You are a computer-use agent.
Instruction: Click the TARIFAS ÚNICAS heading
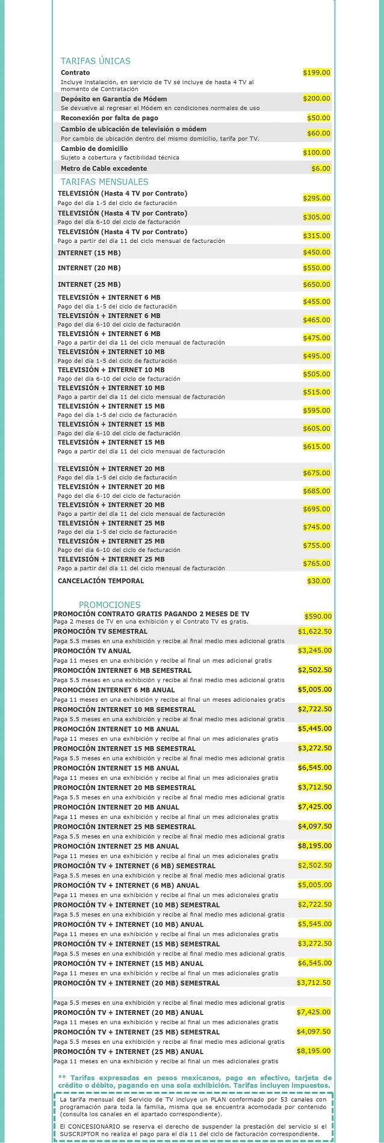(x=96, y=61)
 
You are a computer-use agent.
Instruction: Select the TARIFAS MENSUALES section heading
(x=104, y=182)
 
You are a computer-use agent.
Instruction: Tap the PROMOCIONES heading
(x=110, y=605)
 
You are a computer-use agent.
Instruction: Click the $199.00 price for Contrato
(x=317, y=73)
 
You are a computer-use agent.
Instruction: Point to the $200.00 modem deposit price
(x=317, y=98)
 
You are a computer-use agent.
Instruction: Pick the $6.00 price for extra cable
(x=321, y=168)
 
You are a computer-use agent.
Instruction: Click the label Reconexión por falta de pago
(x=109, y=118)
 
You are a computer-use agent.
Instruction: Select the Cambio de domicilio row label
(x=94, y=149)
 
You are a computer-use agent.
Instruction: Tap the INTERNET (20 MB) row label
(x=89, y=268)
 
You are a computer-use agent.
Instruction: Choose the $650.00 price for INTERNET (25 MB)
(x=317, y=284)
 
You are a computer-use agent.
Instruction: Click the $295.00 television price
(x=317, y=198)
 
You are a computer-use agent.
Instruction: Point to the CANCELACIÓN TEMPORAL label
(x=101, y=581)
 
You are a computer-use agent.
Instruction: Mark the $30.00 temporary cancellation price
(x=318, y=581)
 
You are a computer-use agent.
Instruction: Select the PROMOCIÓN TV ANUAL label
(x=92, y=651)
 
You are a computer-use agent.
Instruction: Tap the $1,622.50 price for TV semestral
(x=314, y=631)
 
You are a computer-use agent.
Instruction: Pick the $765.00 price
(x=317, y=563)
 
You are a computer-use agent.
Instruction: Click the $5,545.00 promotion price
(x=314, y=924)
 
